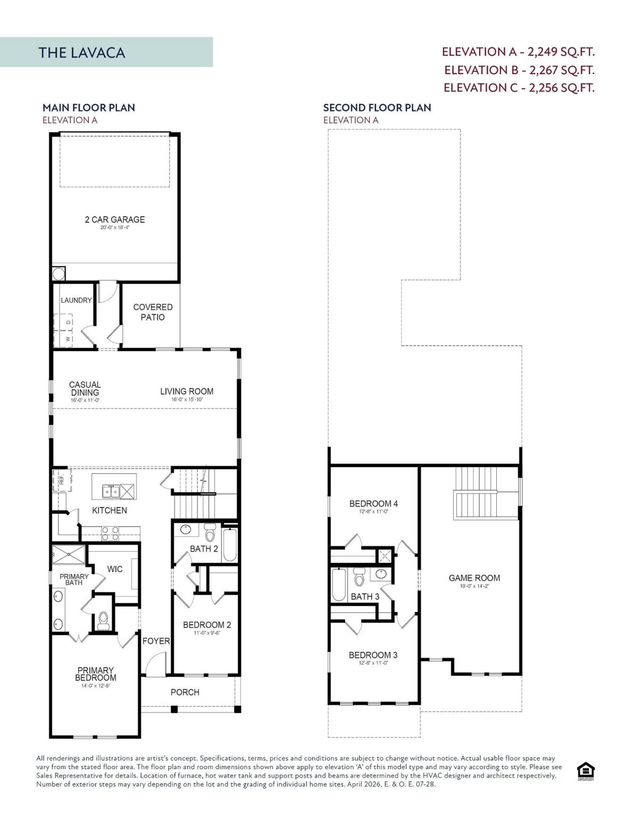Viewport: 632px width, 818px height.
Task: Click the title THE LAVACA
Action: pos(81,53)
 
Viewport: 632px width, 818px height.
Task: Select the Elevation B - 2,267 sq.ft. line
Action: pos(519,70)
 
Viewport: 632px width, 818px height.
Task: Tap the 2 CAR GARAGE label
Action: pos(114,219)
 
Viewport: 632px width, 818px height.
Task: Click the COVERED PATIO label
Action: pos(153,312)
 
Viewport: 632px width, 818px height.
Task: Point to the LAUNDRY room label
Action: pos(76,300)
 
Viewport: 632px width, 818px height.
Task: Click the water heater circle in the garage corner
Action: pos(58,274)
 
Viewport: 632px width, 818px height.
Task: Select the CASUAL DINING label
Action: pos(85,388)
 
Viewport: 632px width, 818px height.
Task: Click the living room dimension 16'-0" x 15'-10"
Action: pos(186,399)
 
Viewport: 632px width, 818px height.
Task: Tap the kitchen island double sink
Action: pos(111,491)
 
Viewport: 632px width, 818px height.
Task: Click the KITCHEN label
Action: pos(109,510)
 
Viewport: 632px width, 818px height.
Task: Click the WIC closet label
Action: pos(114,569)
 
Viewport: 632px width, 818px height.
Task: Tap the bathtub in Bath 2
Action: pos(230,544)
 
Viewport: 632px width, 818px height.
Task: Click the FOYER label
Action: pos(156,641)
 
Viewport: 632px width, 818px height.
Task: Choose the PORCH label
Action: pos(185,692)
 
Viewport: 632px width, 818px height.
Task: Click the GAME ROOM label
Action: pos(474,578)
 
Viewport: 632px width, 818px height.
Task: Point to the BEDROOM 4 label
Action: pos(373,504)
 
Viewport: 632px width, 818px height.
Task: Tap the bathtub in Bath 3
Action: pos(339,585)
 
